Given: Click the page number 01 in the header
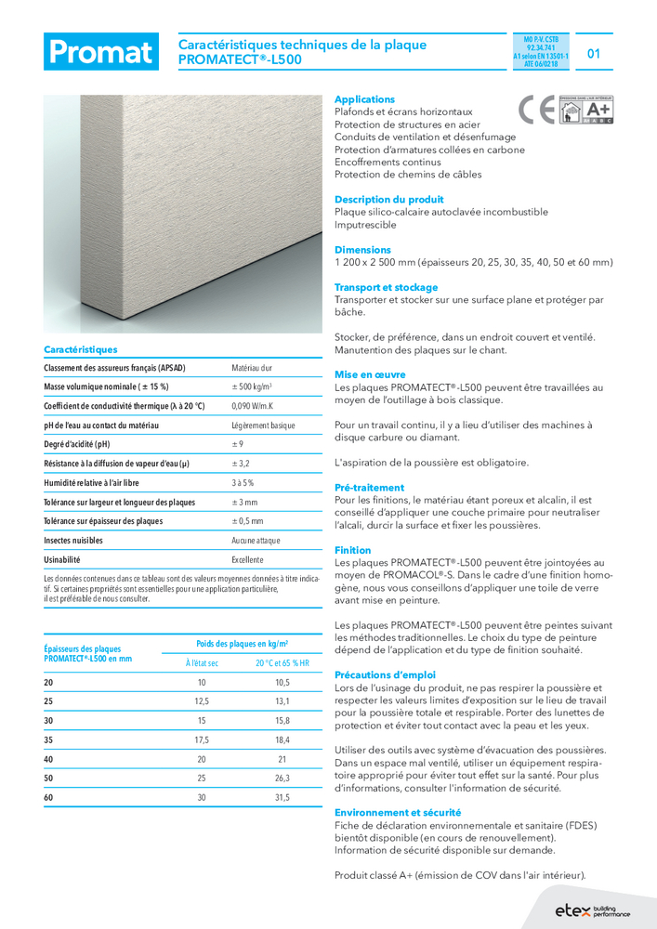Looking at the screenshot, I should pyautogui.click(x=594, y=53).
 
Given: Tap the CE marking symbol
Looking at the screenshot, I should pyautogui.click(x=538, y=111).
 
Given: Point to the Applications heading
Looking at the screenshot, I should pyautogui.click(x=364, y=99).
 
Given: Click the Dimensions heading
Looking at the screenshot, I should pyautogui.click(x=362, y=250).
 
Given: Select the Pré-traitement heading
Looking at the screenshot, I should pyautogui.click(x=369, y=488).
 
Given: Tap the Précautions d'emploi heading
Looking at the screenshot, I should pyautogui.click(x=385, y=674).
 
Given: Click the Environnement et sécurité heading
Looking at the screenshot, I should pyautogui.click(x=397, y=812).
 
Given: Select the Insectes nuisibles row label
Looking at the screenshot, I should pyautogui.click(x=73, y=541).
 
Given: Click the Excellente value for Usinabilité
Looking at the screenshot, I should pyautogui.click(x=248, y=560).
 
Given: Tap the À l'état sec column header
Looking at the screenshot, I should pyautogui.click(x=202, y=662).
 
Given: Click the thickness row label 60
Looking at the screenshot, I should pyautogui.click(x=49, y=797).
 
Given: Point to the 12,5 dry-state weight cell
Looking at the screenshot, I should pyautogui.click(x=202, y=701).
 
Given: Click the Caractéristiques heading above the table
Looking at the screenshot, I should pyautogui.click(x=81, y=350).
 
